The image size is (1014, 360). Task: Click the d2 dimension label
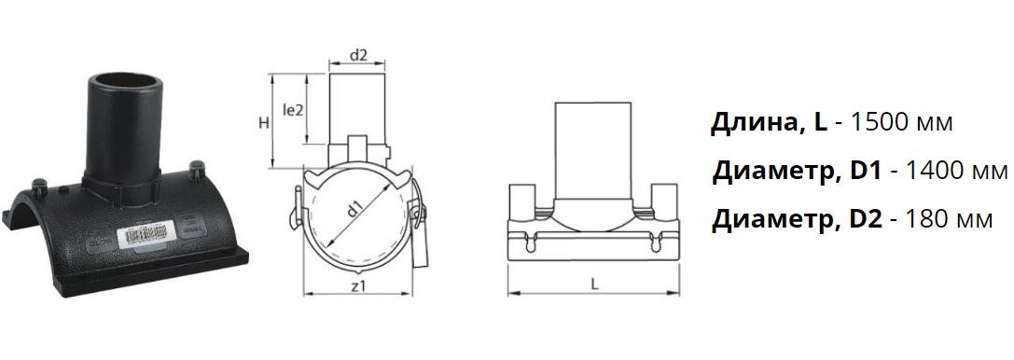358,56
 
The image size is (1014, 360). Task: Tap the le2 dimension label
293,111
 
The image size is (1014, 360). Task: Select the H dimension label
264,123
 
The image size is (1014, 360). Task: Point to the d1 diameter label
354,212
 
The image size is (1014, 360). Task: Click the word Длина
754,123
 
